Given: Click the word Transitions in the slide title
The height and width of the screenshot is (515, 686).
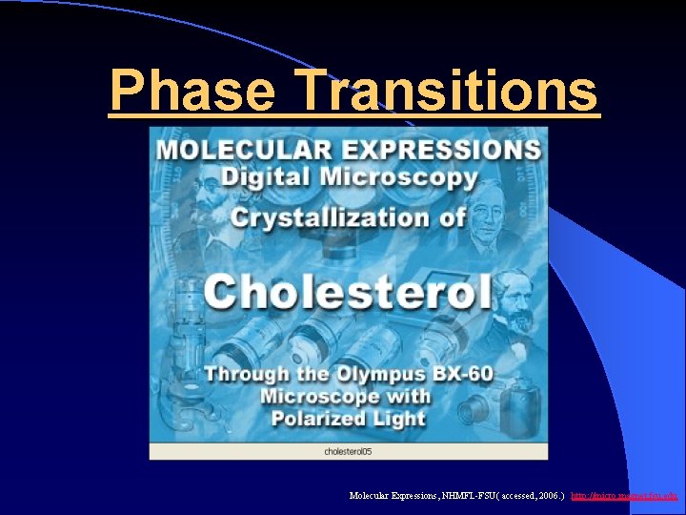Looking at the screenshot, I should click(448, 93).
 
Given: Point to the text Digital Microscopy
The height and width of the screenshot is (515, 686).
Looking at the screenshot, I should click(349, 177).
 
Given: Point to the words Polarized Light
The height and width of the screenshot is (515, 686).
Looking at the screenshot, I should click(348, 419).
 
